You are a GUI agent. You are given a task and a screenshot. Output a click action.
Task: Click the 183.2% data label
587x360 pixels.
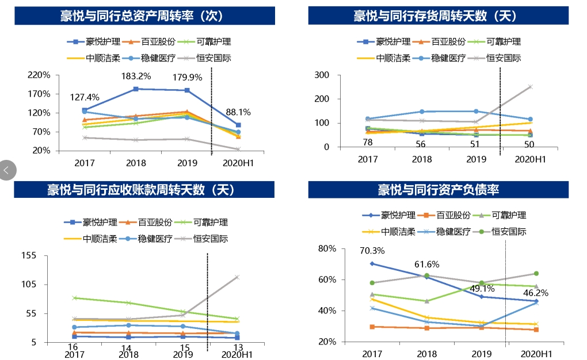point(136,76)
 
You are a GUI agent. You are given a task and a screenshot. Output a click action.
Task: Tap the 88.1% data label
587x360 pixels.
point(237,112)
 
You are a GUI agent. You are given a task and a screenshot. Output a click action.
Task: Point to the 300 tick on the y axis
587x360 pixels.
point(322,75)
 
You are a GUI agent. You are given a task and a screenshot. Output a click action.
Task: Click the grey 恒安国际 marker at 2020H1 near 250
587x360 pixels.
point(530,87)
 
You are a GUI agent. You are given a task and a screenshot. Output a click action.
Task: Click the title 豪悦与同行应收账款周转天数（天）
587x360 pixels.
point(141,190)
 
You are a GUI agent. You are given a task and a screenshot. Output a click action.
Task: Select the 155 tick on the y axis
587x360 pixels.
point(28,255)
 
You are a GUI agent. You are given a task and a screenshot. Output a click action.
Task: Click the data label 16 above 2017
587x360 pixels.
point(73,347)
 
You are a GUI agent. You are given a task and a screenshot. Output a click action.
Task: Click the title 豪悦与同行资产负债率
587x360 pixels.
point(438,190)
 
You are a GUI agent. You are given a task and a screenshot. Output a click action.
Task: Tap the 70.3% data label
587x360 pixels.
point(372,251)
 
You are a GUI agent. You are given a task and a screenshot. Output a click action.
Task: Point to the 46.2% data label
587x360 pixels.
point(536,293)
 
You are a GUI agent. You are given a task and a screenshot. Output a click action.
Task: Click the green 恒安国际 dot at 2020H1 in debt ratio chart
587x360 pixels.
point(536,274)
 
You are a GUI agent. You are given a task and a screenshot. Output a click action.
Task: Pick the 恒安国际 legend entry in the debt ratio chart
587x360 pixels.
point(503,232)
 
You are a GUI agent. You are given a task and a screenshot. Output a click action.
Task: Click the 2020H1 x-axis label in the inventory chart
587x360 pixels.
point(530,159)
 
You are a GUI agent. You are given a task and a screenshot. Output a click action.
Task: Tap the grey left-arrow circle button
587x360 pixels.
point(7,170)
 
